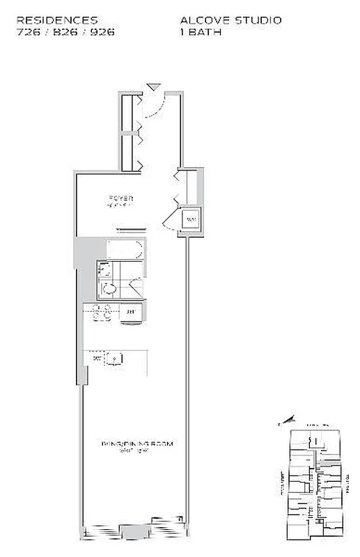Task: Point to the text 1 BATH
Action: click(201, 32)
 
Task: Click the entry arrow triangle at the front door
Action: click(153, 87)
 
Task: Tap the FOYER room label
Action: click(120, 198)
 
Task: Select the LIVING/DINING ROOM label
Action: click(136, 443)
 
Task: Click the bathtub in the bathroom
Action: click(125, 249)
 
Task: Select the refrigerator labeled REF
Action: click(131, 312)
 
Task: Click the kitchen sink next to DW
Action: click(115, 359)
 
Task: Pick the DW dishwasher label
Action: click(96, 358)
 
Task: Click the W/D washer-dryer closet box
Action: click(191, 221)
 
